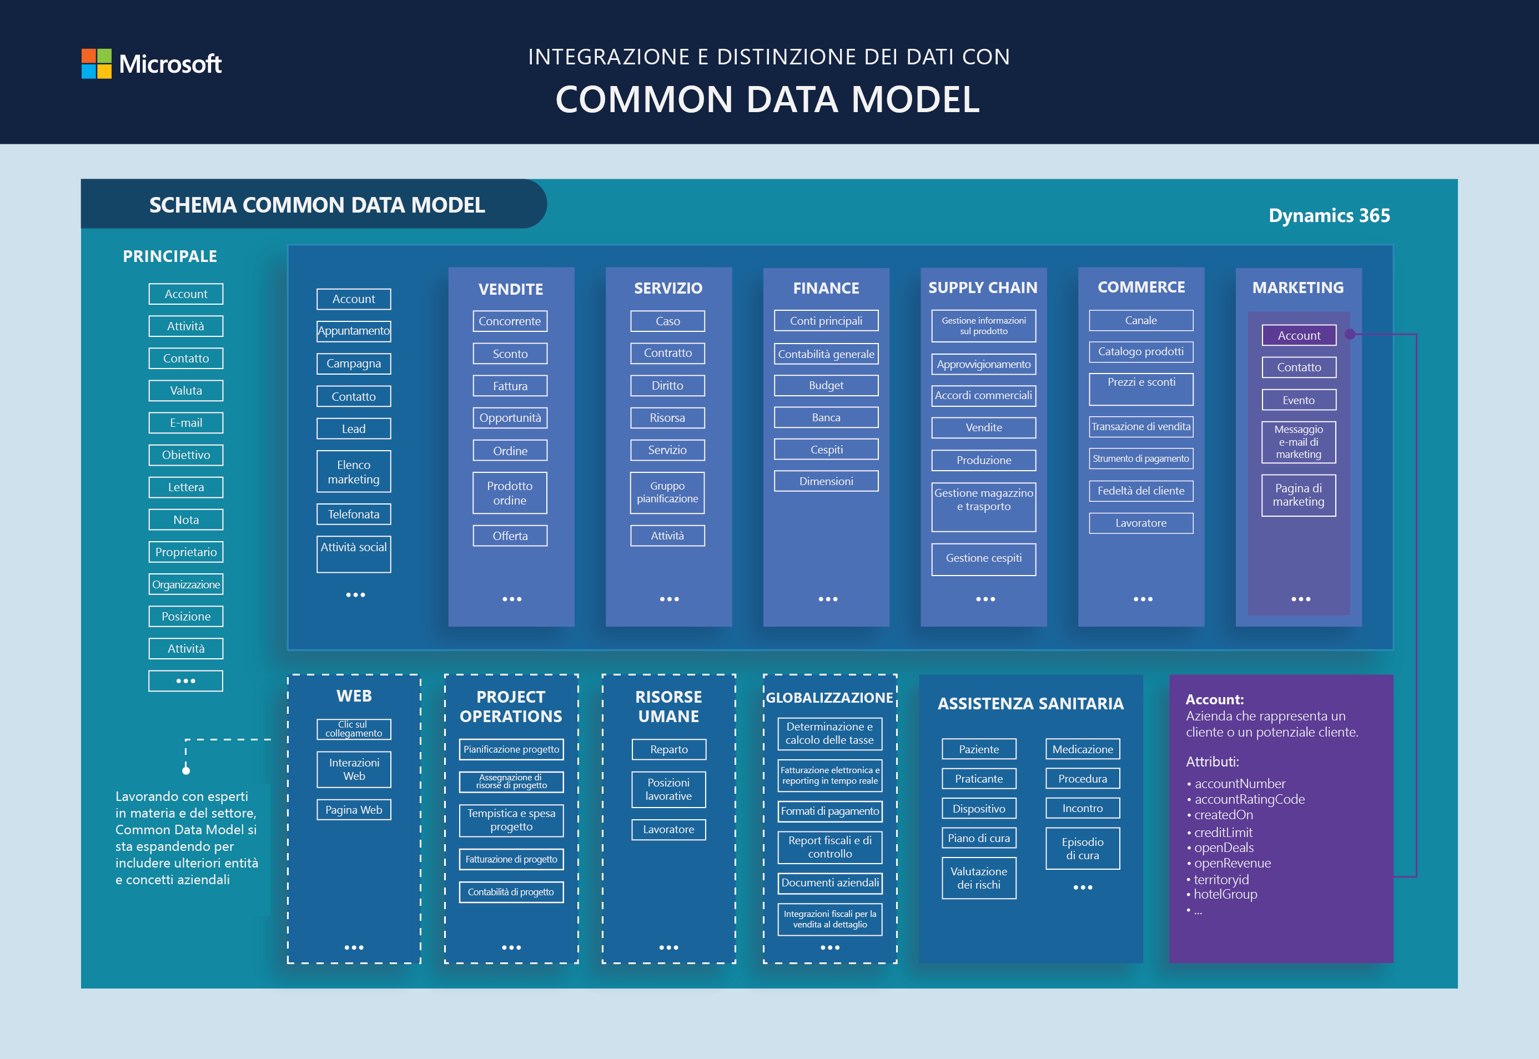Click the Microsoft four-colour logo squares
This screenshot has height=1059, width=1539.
coord(96,64)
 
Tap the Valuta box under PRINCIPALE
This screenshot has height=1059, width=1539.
coord(186,391)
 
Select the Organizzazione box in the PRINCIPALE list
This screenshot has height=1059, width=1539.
coord(186,584)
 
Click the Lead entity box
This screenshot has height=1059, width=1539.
coord(354,428)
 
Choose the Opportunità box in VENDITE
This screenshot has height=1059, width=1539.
coord(510,418)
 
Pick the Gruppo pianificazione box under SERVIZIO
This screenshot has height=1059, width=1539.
coord(667,492)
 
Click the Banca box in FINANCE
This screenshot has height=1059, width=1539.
coord(826,417)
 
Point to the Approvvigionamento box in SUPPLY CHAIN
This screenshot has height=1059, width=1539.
coord(983,364)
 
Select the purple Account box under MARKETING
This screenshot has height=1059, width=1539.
coord(1298,336)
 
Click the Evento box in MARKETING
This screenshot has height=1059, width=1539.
coord(1298,400)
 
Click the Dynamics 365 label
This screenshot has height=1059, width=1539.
coord(1329,216)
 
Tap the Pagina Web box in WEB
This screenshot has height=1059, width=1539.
coord(354,809)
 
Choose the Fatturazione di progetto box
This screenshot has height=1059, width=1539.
coord(511,859)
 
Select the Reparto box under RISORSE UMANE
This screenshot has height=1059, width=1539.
coord(668,749)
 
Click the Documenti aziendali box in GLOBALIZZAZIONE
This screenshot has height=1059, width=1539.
coord(829,883)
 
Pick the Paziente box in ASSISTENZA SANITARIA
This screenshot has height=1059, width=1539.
coord(978,749)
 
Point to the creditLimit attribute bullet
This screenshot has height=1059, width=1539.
coord(1223,832)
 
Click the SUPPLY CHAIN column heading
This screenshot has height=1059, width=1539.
coord(982,288)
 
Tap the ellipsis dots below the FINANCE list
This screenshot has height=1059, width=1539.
coord(828,599)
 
